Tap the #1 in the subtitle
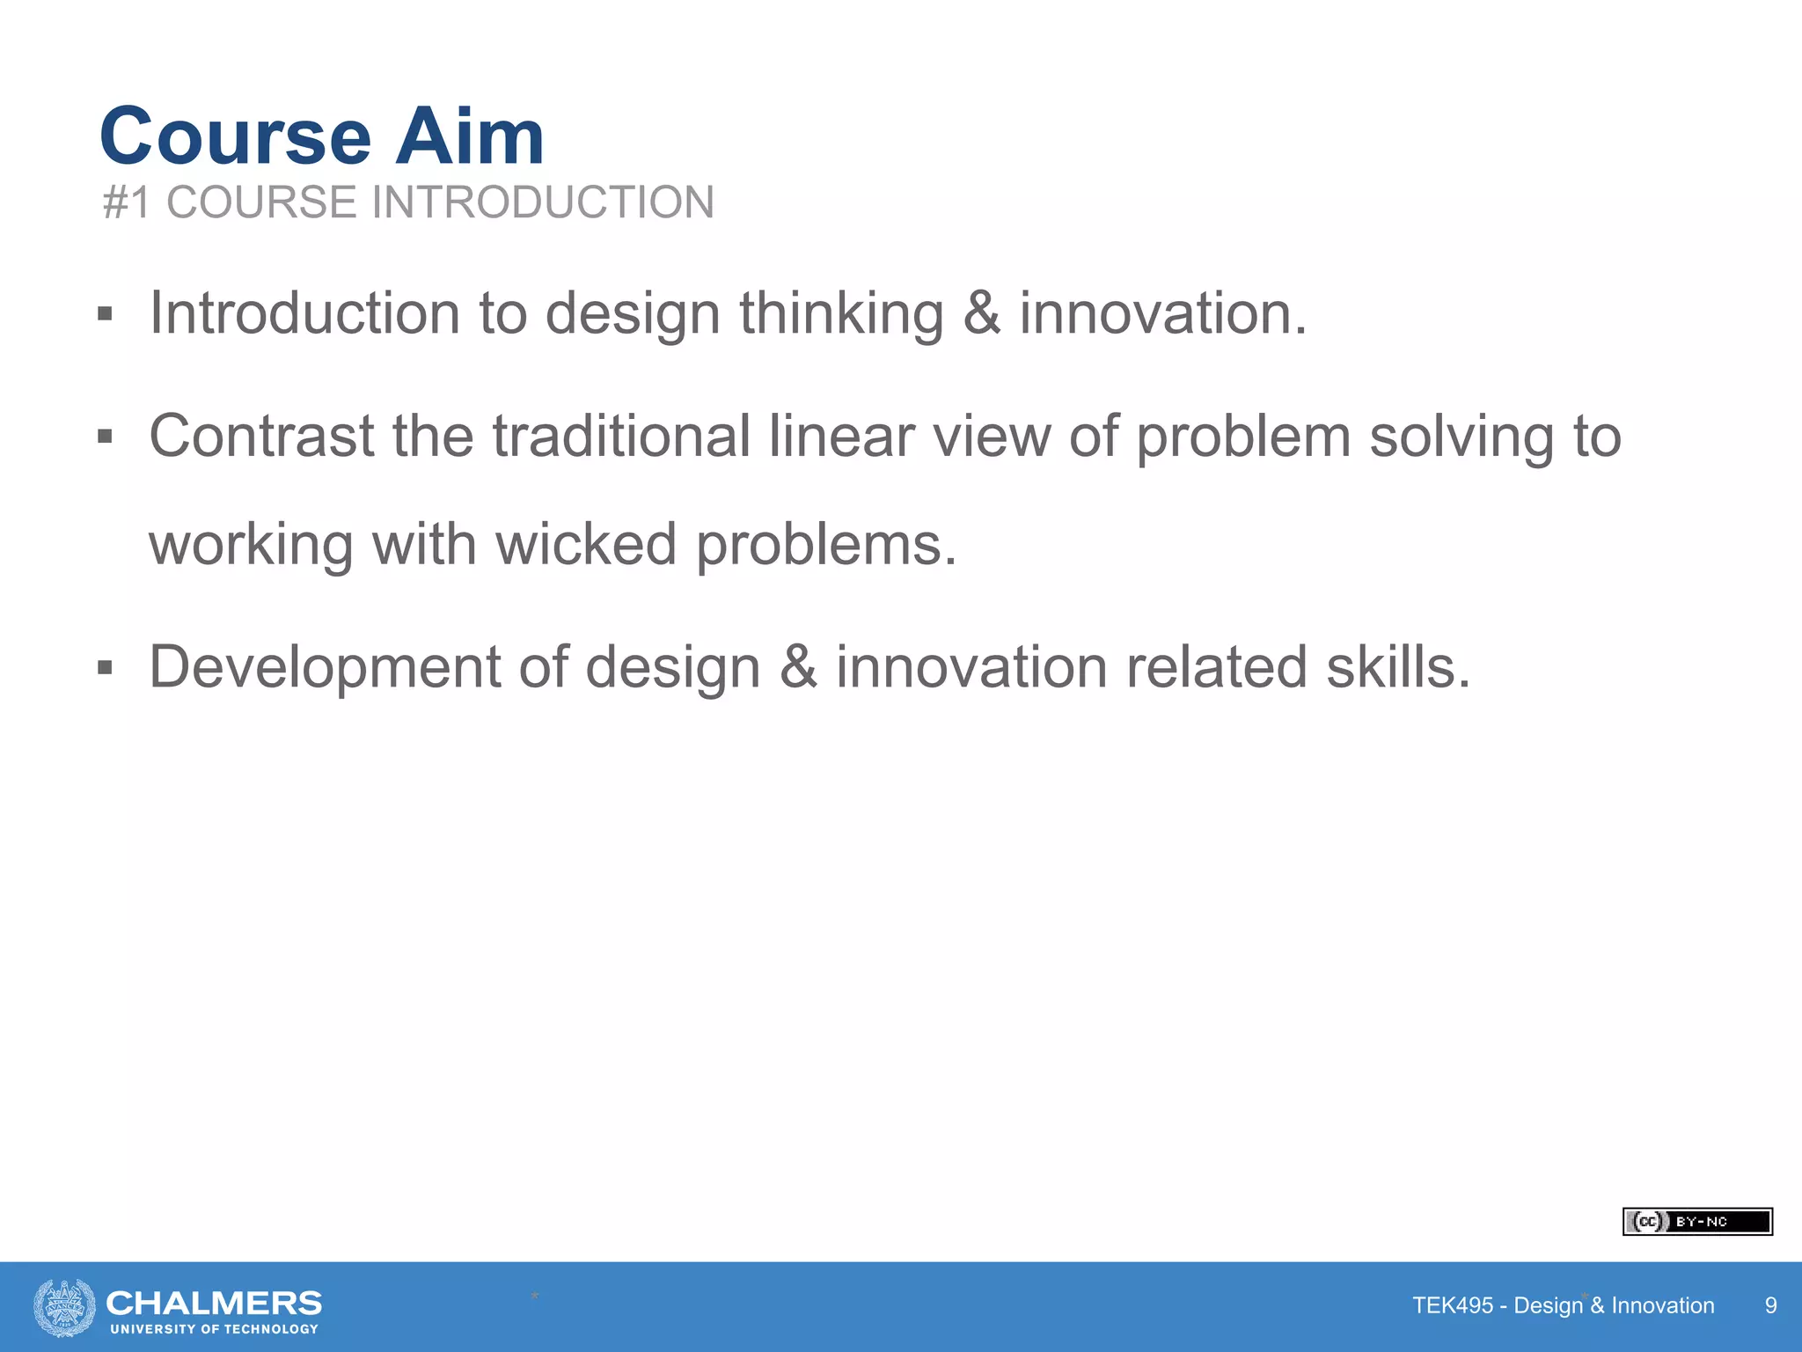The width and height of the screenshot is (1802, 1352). coord(127,202)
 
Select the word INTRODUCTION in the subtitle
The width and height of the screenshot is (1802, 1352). coord(543,202)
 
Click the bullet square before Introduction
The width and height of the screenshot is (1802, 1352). coord(106,314)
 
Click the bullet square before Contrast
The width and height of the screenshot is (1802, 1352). coord(106,437)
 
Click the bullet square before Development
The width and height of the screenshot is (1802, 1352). coord(106,668)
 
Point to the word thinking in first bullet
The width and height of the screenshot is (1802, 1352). coord(840,314)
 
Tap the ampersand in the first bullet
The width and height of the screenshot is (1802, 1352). coord(981,314)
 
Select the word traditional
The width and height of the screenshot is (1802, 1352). coord(620,437)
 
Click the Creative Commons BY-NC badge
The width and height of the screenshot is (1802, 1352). coord(1696,1222)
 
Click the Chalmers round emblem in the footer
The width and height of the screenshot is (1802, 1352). coord(64,1307)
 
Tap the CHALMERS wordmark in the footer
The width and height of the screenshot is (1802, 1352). coord(214,1303)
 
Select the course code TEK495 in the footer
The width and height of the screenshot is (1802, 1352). coord(1452,1305)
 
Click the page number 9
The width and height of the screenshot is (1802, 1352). coord(1770,1305)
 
